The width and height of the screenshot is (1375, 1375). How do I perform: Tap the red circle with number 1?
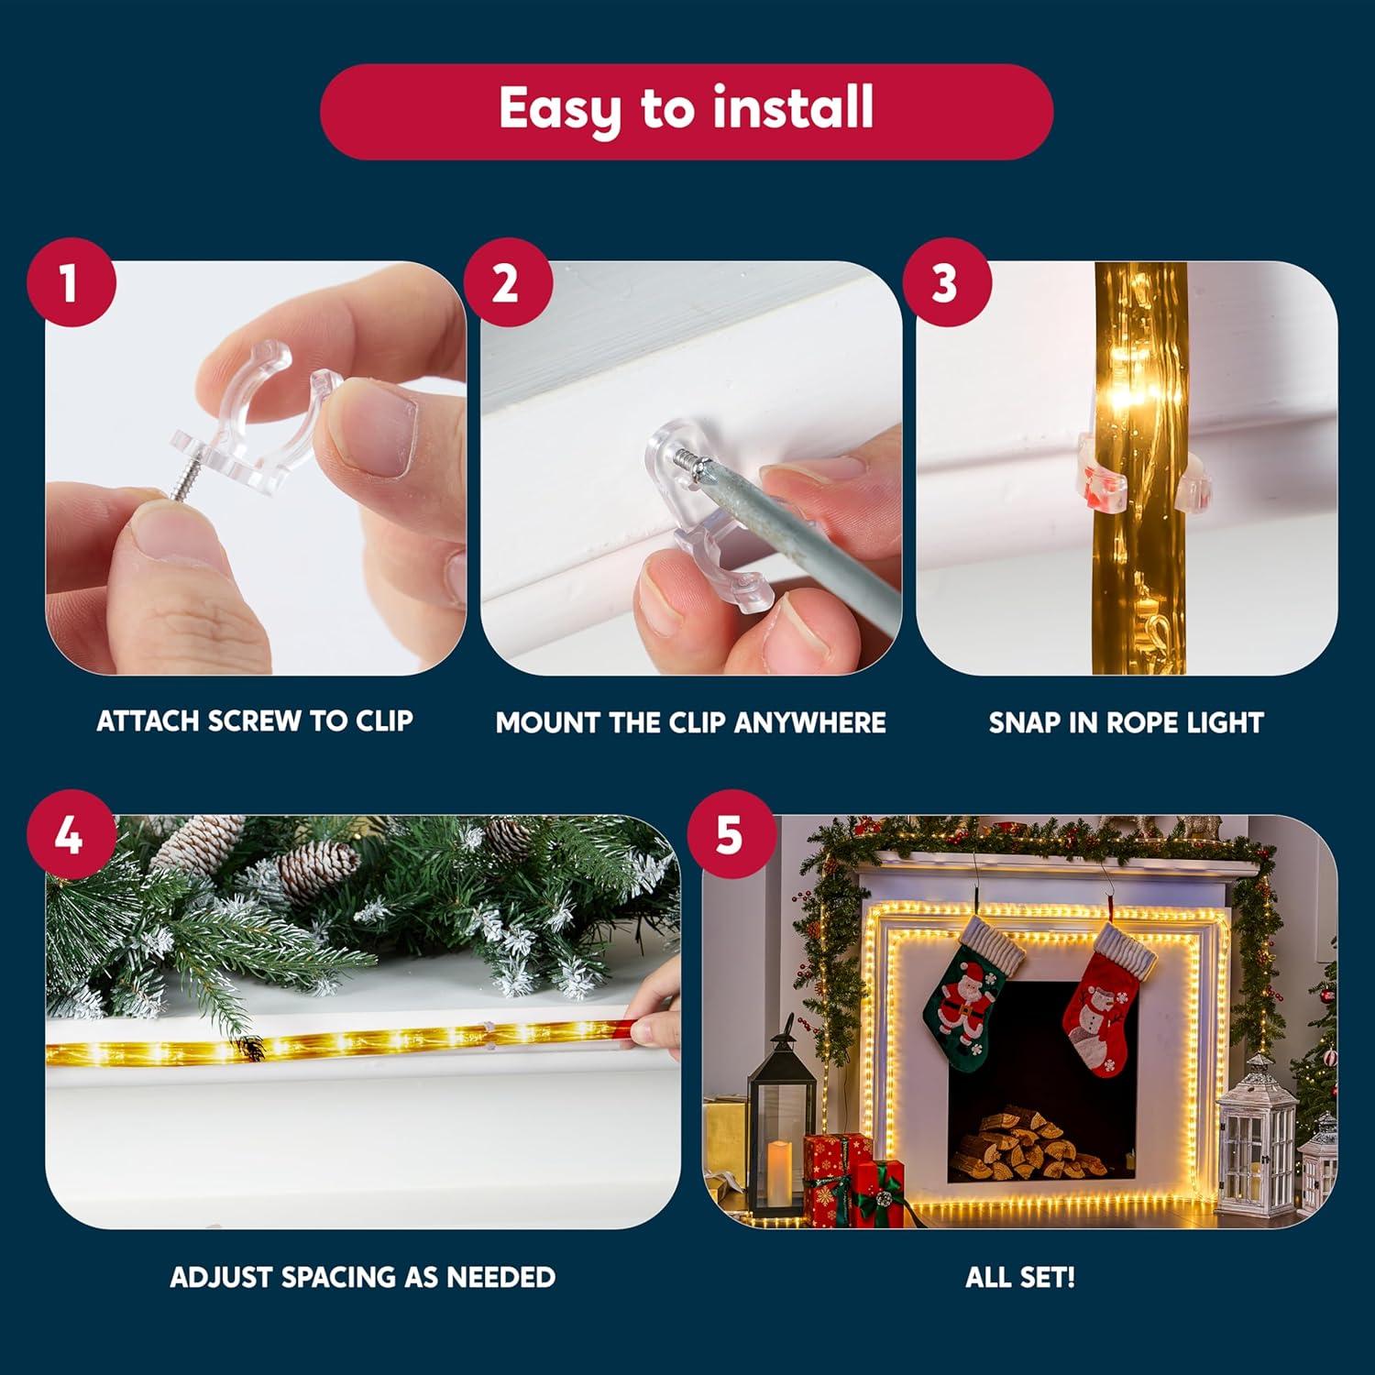(x=71, y=282)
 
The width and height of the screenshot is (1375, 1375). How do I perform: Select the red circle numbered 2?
(x=507, y=282)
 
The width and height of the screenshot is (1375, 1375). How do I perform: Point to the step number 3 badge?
(x=946, y=282)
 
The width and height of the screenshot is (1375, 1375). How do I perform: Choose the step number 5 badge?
(x=731, y=835)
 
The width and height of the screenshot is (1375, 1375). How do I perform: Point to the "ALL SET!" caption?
(x=1020, y=1277)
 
